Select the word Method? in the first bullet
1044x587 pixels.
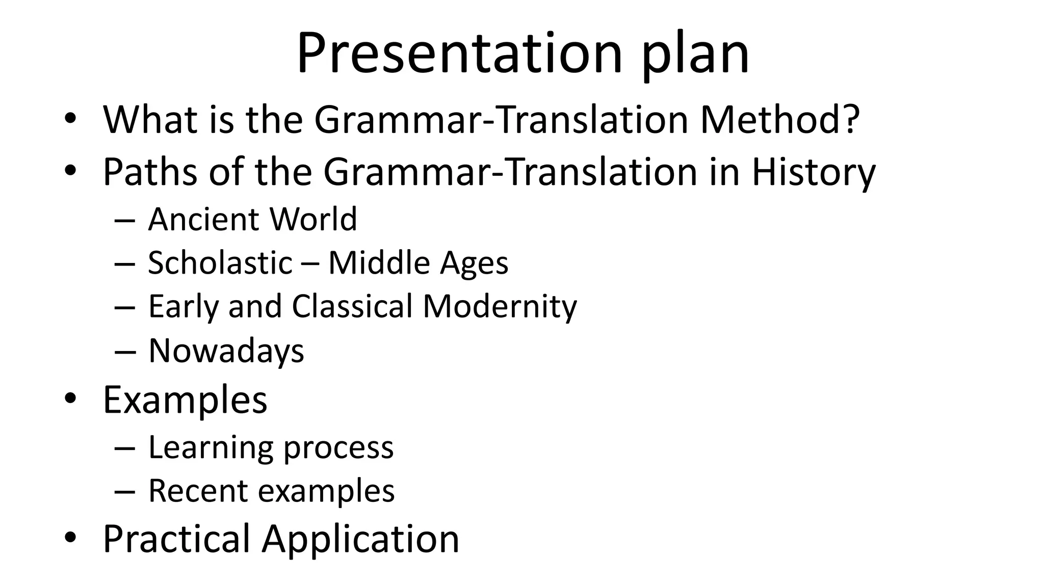(x=780, y=119)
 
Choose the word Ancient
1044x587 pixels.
(x=203, y=219)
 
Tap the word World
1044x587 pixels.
(x=313, y=219)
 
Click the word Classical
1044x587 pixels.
(x=352, y=306)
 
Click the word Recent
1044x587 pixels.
(x=198, y=491)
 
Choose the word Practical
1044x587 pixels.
(x=176, y=539)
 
